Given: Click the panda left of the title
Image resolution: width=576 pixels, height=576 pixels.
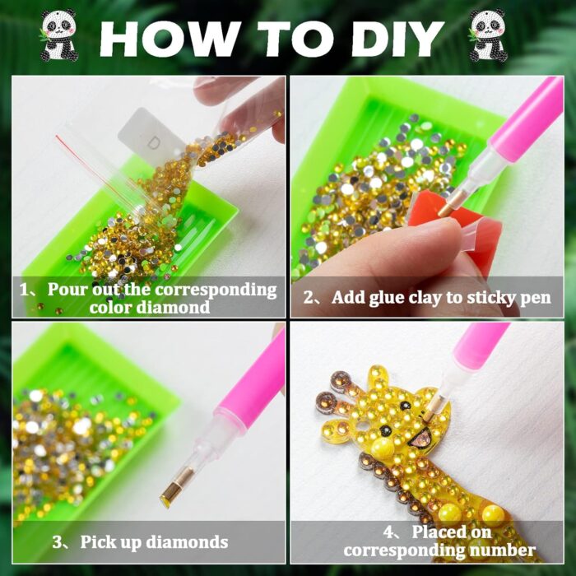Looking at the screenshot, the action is tap(58, 35).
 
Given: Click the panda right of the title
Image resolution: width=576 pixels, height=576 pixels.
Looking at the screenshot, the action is tap(488, 35).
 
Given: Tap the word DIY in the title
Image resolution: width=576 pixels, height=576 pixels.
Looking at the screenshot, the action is tap(397, 39).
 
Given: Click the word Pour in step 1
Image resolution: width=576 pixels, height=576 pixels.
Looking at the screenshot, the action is tap(68, 290).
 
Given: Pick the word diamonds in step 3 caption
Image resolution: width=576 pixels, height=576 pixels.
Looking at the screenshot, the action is tap(187, 542).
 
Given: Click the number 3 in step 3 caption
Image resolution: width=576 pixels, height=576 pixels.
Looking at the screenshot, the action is tap(57, 542).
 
